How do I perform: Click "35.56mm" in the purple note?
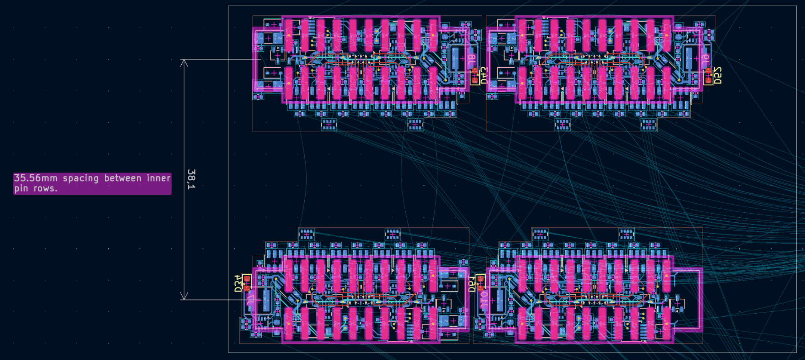[x=36, y=178]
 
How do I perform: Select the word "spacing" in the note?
[x=80, y=178]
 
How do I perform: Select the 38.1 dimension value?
[x=191, y=179]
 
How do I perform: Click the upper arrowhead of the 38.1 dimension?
[x=184, y=63]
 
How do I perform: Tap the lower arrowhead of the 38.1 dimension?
[x=184, y=296]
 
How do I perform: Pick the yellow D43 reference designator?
[x=483, y=75]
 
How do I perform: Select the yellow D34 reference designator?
[x=238, y=283]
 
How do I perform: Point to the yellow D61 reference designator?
[x=472, y=283]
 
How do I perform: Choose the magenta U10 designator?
[x=484, y=300]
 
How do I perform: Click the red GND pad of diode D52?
[x=708, y=80]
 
